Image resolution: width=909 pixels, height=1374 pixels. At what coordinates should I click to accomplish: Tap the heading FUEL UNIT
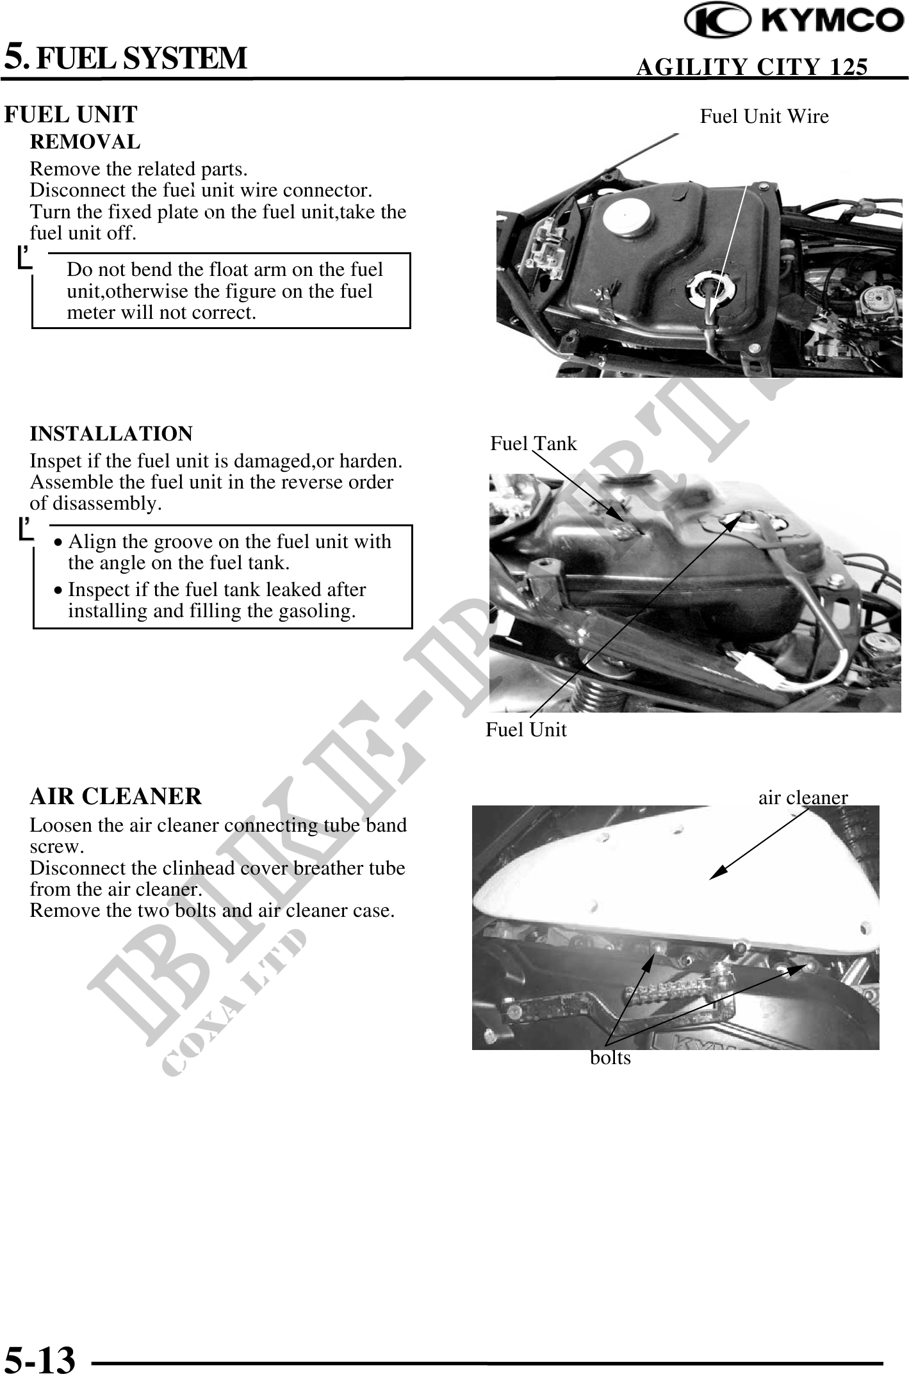coord(70,115)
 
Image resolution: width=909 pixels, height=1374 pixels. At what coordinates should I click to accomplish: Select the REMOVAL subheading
coord(85,141)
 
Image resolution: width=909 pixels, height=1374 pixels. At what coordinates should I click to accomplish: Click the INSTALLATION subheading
coord(111,433)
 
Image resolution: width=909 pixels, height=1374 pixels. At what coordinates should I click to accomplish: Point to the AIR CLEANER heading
coord(116,796)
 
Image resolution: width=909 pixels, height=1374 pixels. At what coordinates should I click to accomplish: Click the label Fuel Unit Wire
coord(764,117)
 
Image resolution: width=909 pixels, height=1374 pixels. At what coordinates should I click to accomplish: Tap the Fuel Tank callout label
coord(534,444)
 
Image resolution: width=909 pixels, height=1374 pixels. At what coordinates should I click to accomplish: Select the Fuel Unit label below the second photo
coord(526,729)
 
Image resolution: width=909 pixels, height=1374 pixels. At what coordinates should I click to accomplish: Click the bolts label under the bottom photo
coord(610,1058)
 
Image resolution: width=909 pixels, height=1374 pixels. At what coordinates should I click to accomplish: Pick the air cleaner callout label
coord(803,798)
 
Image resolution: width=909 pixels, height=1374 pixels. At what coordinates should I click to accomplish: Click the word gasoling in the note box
coord(317,611)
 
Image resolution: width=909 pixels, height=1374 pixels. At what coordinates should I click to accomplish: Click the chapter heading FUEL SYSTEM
coord(141,58)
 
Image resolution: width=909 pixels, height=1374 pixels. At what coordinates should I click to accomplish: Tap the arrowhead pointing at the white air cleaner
coord(719,873)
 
